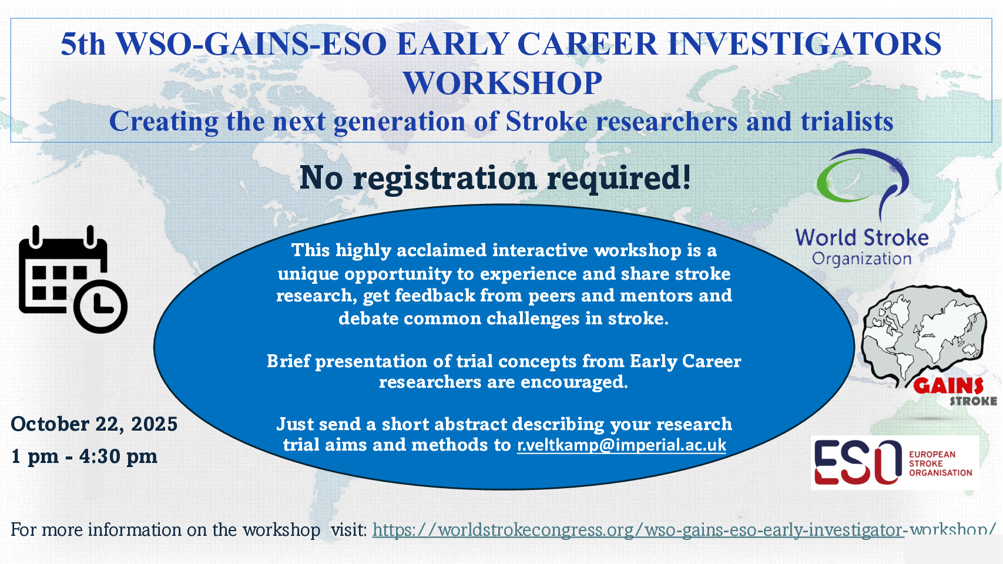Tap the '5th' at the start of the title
coord(83,44)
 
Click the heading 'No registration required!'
coord(495,178)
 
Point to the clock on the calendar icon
coord(100,307)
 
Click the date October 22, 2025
coord(94,424)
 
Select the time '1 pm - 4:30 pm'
coord(84,456)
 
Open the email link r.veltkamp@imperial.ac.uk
coord(622,445)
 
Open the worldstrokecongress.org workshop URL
coord(684,530)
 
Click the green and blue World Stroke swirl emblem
coord(862,183)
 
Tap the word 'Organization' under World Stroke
coord(861,259)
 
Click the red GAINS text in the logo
coord(948,385)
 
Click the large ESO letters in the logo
coord(857,462)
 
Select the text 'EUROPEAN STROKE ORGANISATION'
coord(940,464)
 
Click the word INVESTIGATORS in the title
coord(804,44)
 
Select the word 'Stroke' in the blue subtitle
coord(546,121)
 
